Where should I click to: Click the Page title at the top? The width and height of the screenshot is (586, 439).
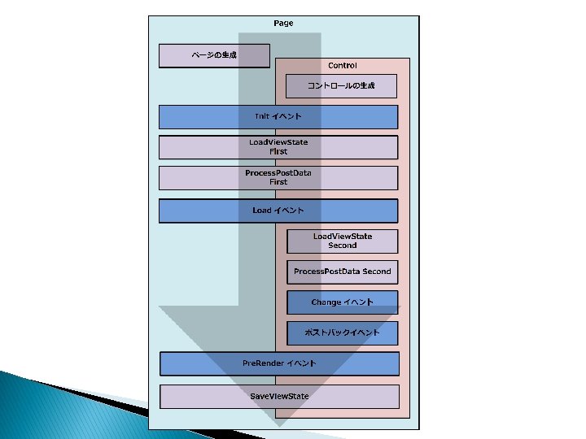283,24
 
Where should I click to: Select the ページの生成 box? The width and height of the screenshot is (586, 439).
214,55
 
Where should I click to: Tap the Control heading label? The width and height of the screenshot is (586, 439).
342,65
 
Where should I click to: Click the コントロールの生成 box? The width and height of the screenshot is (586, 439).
341,86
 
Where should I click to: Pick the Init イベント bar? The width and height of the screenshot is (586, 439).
278,117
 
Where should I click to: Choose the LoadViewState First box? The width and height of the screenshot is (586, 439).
278,147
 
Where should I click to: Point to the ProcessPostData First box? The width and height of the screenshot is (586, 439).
278,178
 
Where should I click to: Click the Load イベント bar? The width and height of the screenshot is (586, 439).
278,211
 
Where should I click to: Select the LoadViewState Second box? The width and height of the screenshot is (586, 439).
342,241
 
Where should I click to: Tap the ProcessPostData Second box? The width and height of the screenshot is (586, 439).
342,272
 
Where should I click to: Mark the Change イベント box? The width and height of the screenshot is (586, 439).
342,302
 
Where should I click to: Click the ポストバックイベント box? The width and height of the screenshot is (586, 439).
342,333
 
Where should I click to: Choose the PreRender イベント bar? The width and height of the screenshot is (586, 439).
279,363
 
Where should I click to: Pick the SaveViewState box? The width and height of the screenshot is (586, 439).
279,396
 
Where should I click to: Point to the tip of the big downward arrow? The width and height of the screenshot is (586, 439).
279,425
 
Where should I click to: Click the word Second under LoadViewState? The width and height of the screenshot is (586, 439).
343,246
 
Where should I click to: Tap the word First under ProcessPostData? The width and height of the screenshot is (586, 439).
278,182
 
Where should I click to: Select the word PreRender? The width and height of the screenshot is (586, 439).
262,363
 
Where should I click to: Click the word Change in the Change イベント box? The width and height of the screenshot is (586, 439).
326,302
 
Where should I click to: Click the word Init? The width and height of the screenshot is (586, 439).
261,117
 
